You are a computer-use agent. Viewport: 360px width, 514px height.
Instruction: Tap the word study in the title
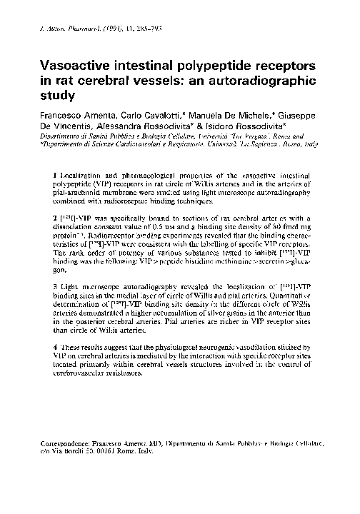tap(60, 94)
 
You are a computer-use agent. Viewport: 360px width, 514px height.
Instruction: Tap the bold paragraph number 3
tap(56, 305)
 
